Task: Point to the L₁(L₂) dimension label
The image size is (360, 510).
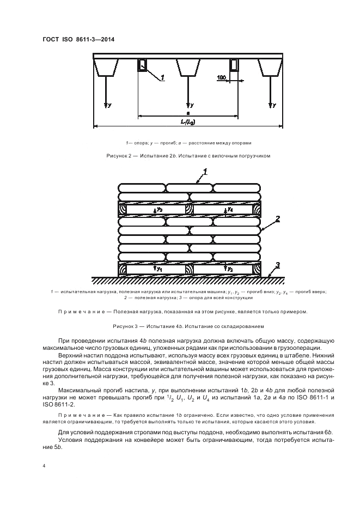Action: pos(188,120)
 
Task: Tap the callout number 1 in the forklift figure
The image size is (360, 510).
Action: pos(162,80)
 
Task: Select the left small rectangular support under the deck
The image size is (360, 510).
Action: pos(142,65)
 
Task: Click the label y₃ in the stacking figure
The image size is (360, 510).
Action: pos(160,209)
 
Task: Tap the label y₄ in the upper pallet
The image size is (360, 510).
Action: pos(231,209)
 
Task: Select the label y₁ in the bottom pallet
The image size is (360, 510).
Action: pos(160,269)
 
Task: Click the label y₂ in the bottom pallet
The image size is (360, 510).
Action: pos(231,269)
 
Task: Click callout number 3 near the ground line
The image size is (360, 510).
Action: pos(277,265)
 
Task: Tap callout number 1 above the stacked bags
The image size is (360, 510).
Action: pos(205,173)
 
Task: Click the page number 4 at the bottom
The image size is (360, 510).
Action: pos(43,466)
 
